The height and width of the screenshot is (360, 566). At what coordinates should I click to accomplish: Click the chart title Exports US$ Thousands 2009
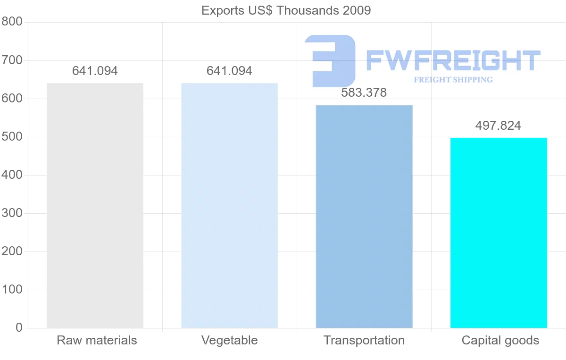pos(286,10)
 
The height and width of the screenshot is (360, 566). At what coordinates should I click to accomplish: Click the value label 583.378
pos(364,93)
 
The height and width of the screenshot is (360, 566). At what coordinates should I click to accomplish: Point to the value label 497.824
pos(498,126)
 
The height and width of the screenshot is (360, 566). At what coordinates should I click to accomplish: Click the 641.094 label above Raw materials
pos(95,71)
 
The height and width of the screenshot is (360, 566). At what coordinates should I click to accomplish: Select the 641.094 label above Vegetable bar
pos(229,71)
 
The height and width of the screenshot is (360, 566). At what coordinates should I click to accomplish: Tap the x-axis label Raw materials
pos(97,340)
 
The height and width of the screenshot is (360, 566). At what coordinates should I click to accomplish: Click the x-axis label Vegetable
pos(229,340)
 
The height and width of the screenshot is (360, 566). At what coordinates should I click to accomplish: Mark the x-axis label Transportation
pos(364,340)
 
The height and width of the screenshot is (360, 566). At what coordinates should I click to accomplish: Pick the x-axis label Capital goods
pos(500,340)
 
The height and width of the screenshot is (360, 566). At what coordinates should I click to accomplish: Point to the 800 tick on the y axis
pos(12,22)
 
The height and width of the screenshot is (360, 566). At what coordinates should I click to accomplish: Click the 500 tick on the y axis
pos(12,137)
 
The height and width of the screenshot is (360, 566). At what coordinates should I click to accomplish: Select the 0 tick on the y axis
pos(19,327)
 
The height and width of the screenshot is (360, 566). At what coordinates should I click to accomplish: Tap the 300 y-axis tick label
pos(12,213)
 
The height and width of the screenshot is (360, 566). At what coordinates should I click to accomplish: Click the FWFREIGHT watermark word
pos(453,60)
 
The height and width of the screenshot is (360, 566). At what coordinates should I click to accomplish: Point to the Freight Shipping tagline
pos(453,80)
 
